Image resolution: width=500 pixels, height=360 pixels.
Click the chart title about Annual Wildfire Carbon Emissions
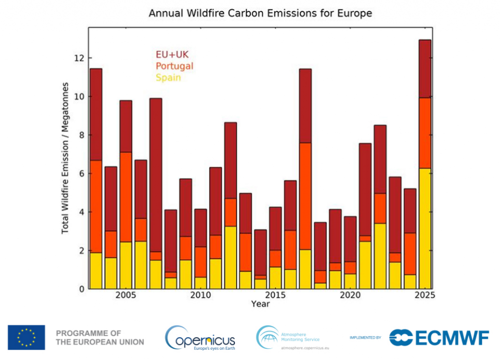point(260,13)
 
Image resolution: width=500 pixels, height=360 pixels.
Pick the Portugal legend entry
point(174,66)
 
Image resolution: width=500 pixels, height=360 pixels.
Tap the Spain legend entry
point(168,78)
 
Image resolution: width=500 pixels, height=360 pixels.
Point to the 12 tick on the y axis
point(78,58)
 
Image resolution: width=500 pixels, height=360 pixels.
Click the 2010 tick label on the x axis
point(200,296)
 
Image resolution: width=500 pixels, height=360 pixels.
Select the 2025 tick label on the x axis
point(425,296)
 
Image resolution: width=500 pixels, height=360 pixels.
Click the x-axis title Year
point(260,304)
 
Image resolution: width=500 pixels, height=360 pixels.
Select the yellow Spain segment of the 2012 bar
point(230,257)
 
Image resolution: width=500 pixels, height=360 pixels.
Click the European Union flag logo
point(26,337)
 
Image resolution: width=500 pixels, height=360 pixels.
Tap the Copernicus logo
point(200,338)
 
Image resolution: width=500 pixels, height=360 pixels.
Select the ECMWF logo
point(439,337)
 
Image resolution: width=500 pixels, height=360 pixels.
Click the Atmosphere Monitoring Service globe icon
point(267,337)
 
